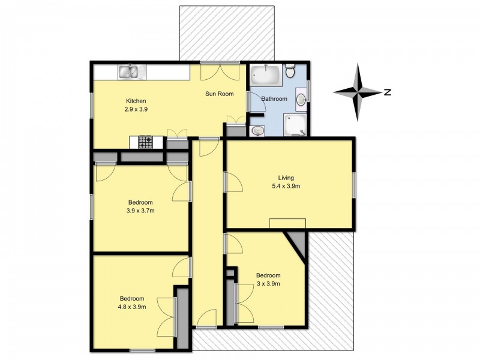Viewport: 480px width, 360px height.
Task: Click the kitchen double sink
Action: point(132,72)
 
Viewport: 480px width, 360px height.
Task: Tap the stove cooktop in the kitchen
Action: point(145,142)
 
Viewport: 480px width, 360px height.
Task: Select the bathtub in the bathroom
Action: point(265,75)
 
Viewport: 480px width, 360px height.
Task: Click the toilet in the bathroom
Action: point(290,71)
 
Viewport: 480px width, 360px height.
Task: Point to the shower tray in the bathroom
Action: point(295,125)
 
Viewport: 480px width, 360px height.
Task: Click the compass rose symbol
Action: point(358,92)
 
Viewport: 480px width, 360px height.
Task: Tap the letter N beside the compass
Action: point(388,92)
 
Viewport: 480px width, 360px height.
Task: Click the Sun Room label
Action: point(219,94)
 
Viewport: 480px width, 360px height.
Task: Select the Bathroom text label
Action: point(274,98)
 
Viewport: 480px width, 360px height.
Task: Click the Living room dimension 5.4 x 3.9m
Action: point(286,186)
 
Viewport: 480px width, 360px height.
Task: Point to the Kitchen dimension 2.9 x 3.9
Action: point(136,109)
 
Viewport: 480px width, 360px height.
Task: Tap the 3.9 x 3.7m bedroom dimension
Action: point(140,211)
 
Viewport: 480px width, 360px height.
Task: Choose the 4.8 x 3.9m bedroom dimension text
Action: point(131,307)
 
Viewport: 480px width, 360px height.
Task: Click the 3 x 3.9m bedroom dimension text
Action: point(268,283)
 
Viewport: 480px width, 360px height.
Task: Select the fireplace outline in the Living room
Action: point(287,223)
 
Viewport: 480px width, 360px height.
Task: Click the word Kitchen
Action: point(136,101)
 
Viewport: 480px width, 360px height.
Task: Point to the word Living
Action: point(286,178)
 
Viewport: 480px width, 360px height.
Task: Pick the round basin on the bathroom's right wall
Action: point(301,100)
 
